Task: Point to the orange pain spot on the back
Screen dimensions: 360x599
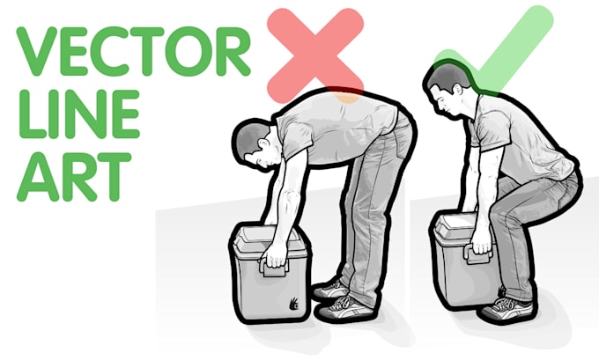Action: (x=349, y=97)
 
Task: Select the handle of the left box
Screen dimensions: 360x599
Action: (x=275, y=261)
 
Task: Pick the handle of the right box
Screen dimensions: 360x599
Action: (x=478, y=256)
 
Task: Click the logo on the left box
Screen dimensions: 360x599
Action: (x=293, y=305)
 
